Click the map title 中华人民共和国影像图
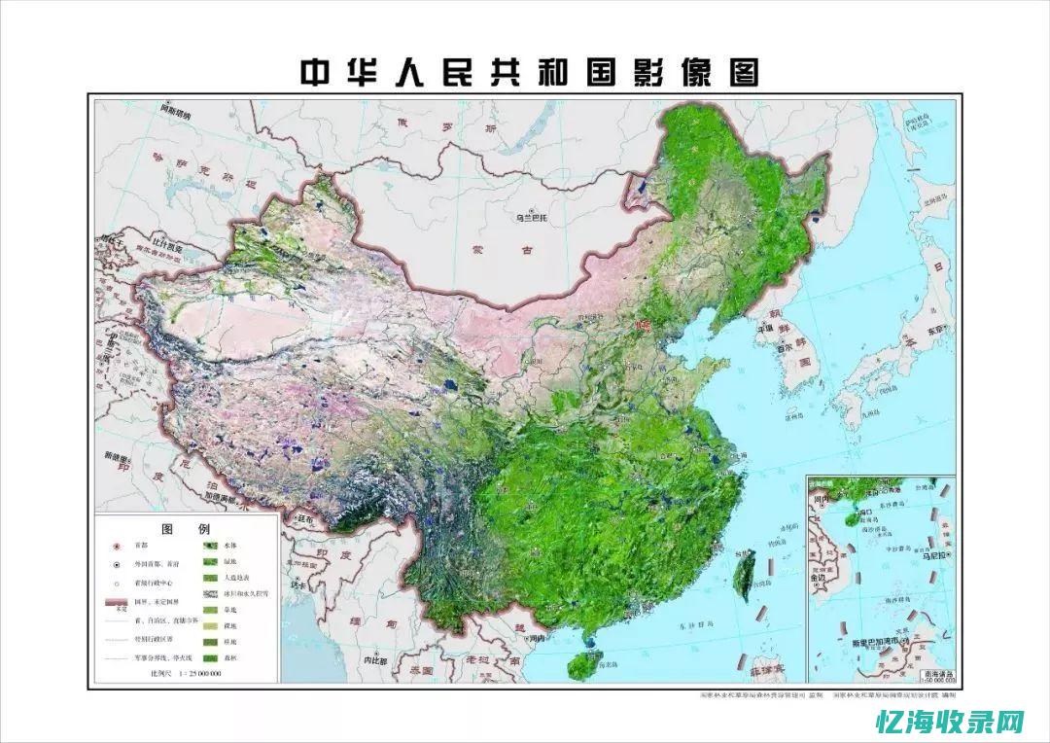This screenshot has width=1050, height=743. click(x=529, y=73)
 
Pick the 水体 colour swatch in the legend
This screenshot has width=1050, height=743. click(x=208, y=547)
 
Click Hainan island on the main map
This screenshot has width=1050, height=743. click(x=581, y=664)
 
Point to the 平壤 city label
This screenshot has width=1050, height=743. click(x=765, y=329)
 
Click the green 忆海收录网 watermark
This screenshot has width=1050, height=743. click(x=950, y=722)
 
